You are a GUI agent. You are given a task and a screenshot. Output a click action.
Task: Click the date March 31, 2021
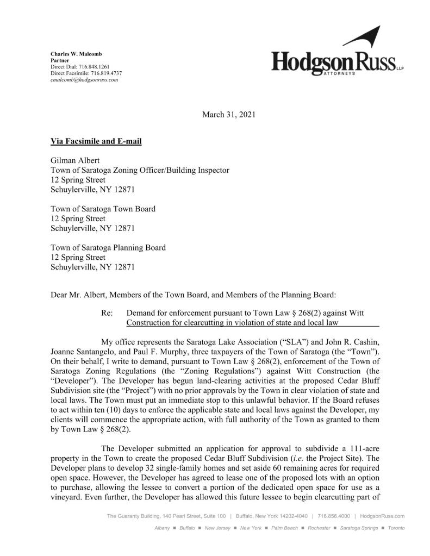coord(228,115)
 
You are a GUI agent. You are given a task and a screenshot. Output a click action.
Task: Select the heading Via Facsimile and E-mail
coord(96,142)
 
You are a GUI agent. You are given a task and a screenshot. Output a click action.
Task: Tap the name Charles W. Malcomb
coord(76,54)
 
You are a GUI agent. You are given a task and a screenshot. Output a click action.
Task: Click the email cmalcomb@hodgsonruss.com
coord(84,79)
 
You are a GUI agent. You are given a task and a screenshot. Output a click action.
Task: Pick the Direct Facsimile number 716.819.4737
coord(103,73)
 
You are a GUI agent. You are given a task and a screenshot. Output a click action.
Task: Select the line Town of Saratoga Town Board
coord(103,209)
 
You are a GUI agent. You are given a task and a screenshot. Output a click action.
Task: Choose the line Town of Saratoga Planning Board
coord(108,247)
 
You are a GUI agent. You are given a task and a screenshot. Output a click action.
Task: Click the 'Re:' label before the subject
coord(107,313)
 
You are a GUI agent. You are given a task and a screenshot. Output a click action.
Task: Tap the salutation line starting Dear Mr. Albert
coord(194,295)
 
